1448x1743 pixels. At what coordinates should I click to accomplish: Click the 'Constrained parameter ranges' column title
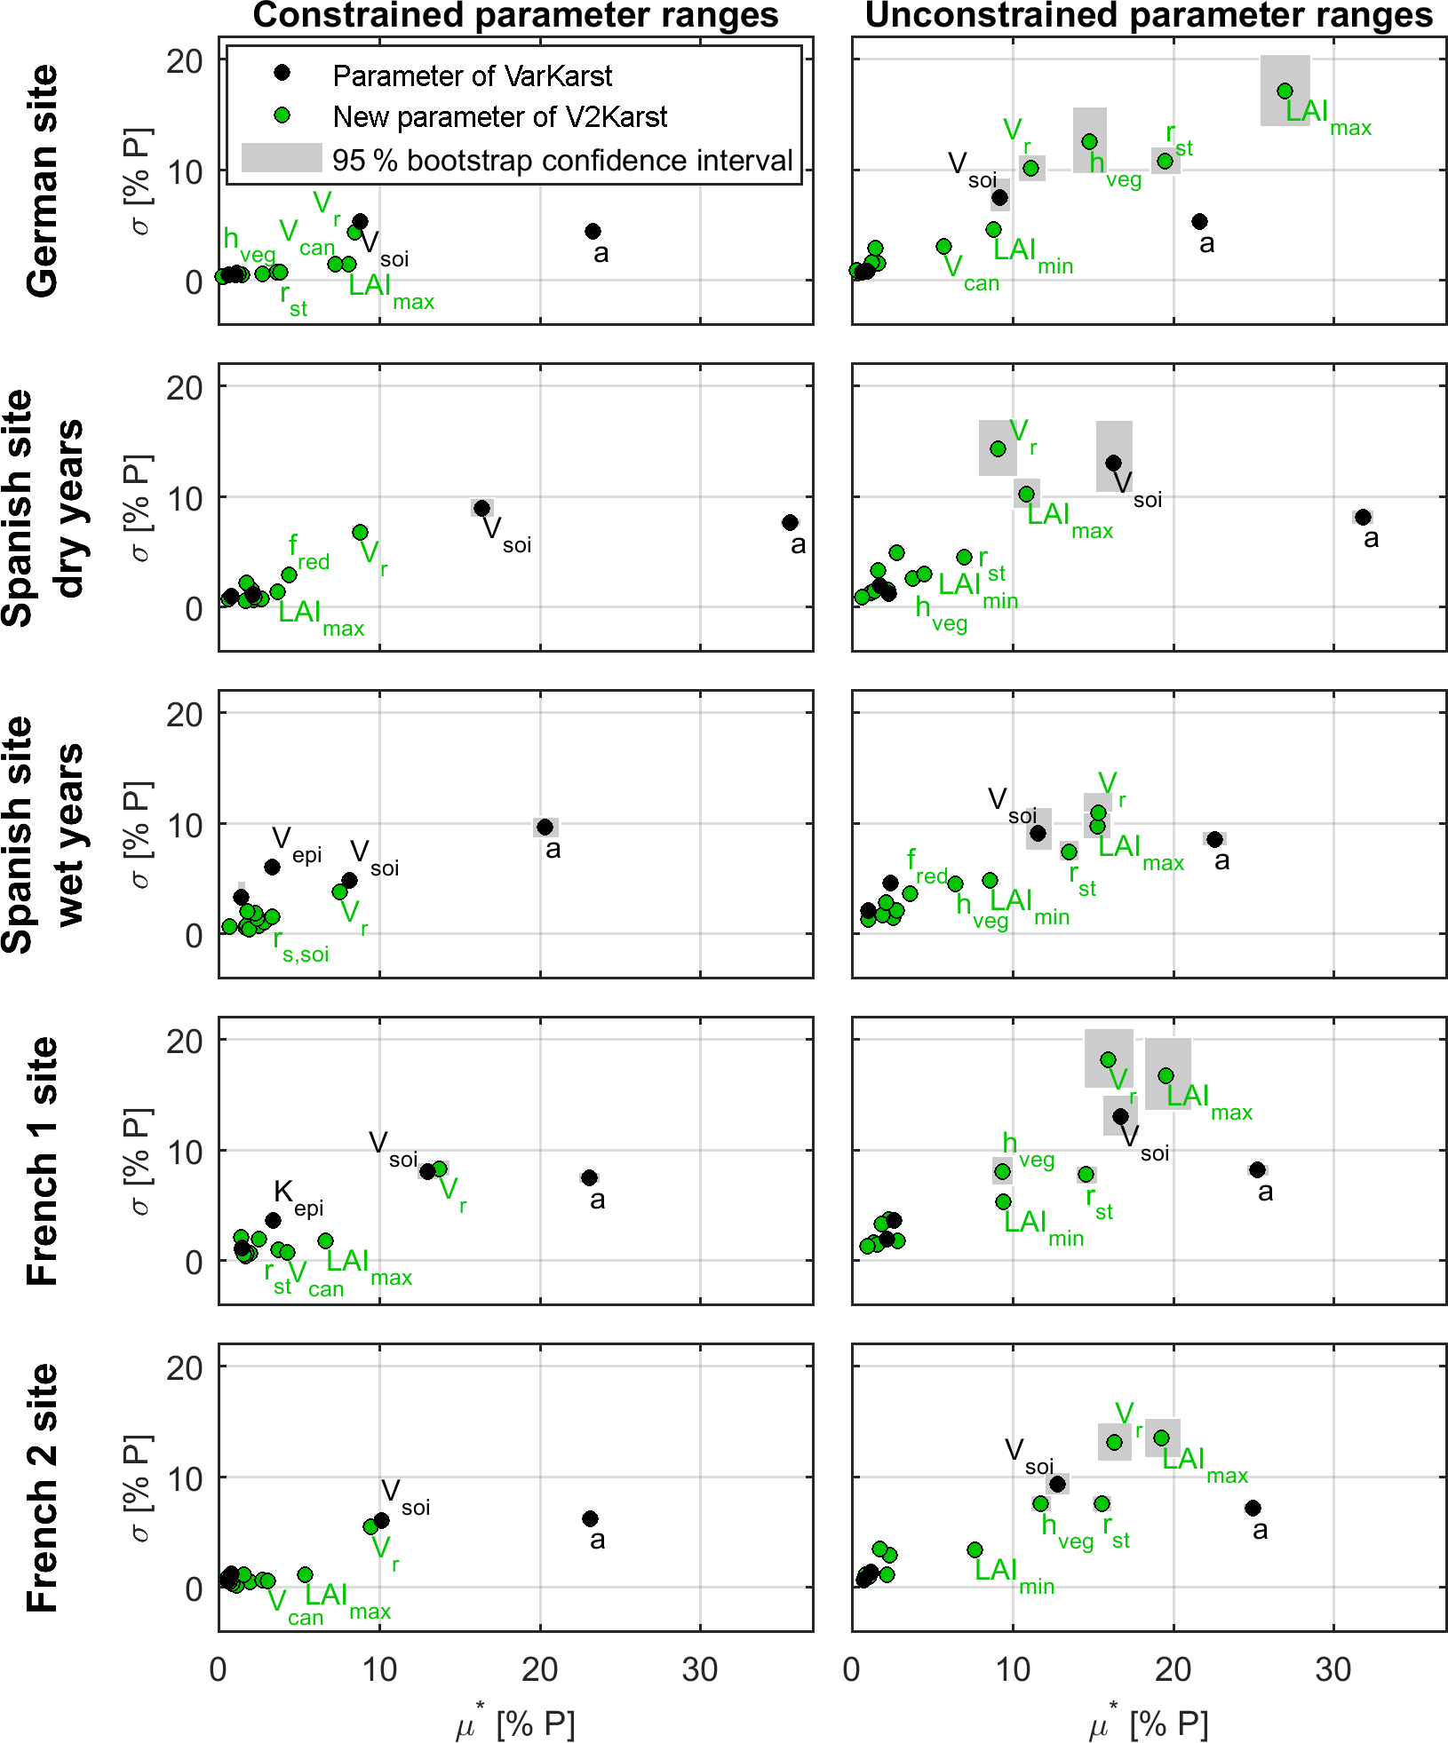515,16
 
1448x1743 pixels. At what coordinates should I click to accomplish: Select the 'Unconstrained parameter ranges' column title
1148,16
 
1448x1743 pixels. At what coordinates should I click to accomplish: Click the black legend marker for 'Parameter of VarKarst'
282,73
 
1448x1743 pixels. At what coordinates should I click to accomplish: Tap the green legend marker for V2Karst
282,115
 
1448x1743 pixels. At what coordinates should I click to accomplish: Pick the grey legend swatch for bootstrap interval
282,158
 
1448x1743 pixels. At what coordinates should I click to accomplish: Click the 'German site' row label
43,181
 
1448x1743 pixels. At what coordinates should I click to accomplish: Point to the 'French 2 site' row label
43,1487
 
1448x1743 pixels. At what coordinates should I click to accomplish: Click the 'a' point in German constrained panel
593,231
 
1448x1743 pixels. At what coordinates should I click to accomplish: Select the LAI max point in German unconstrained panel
1285,91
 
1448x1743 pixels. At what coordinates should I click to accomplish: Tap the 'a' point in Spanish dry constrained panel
790,522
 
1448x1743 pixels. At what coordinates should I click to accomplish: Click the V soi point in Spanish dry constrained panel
481,508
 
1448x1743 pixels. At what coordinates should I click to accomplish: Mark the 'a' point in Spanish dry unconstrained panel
1363,517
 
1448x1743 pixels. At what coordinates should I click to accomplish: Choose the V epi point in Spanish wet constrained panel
273,867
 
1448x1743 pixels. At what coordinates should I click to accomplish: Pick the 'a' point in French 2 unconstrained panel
1253,1508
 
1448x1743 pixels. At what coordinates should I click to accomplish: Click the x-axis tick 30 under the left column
700,1670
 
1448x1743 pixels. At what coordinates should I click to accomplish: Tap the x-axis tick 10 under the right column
1013,1670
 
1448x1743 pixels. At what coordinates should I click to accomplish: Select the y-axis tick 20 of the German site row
185,60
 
